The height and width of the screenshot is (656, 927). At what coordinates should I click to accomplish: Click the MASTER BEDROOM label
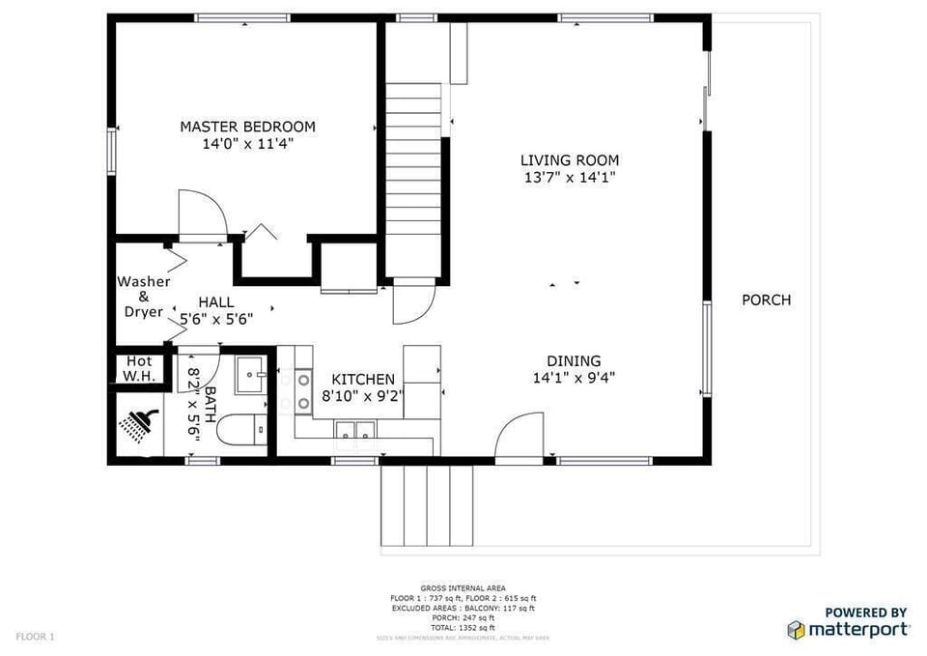tap(247, 127)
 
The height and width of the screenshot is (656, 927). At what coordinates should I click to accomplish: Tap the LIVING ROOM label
tap(570, 160)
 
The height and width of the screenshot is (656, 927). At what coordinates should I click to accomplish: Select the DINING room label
tap(574, 361)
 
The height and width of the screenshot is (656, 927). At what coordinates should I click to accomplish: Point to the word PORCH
tap(766, 300)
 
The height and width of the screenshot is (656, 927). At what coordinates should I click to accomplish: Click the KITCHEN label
tap(362, 380)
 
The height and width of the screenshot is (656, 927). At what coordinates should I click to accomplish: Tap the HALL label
tap(215, 302)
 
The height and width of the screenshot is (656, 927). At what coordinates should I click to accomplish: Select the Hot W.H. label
tap(139, 369)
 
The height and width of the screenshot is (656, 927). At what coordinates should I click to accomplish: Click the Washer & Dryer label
tap(144, 297)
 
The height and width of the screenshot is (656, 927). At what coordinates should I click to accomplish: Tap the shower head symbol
tap(138, 425)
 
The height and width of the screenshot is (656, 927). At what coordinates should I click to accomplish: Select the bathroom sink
tap(252, 373)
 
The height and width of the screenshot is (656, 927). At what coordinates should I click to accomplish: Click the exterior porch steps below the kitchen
tap(428, 504)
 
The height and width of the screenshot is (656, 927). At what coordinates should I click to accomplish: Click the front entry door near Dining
tap(519, 437)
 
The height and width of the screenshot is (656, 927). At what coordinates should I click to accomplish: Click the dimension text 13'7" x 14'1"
tap(570, 177)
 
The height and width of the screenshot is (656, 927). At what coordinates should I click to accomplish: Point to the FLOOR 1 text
tap(35, 637)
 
